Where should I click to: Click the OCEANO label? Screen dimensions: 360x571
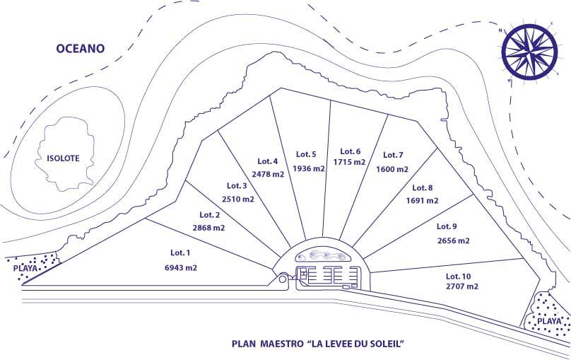pos(81,49)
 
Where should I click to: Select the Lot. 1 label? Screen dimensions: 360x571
pos(181,252)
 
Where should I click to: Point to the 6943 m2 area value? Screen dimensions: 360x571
pos(181,268)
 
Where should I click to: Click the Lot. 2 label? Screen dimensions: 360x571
pos(210,214)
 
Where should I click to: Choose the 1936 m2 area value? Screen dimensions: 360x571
pos(309,168)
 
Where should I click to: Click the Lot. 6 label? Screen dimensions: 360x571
pos(351,151)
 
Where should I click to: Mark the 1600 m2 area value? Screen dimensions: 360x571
pos(392,169)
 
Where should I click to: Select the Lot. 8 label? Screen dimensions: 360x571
pos(422,187)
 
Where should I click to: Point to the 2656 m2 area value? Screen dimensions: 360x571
pos(453,240)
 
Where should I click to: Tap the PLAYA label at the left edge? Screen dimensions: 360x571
pos(25,268)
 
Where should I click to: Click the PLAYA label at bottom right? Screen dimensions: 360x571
pos(548,321)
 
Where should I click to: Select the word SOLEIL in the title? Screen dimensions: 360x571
pos(387,345)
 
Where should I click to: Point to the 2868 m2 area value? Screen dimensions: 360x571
pos(208,228)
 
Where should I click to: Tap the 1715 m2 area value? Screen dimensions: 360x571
pos(350,162)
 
